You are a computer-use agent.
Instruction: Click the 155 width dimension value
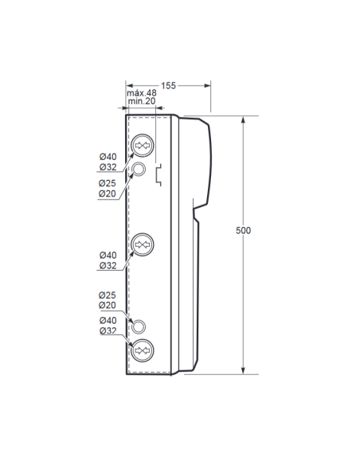pos(168,86)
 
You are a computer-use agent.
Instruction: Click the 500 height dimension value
pos(243,230)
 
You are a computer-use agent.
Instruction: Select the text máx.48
pos(142,93)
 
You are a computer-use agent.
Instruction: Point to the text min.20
pos(142,101)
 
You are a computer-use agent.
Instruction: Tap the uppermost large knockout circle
pos(142,145)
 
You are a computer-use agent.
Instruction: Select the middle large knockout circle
pos(142,244)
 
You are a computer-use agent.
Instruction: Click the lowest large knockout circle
pos(142,351)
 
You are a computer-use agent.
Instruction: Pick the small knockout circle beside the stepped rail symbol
pos(139,169)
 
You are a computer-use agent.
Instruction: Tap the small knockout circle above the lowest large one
pos(139,326)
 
